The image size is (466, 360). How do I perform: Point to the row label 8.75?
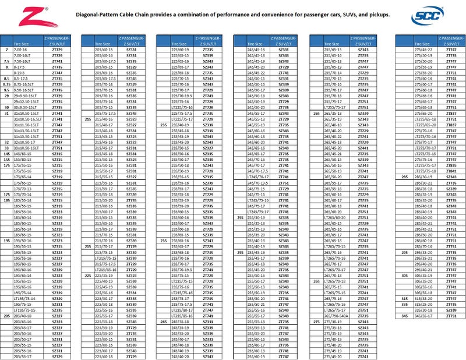pyautogui.click(x=6, y=84)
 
